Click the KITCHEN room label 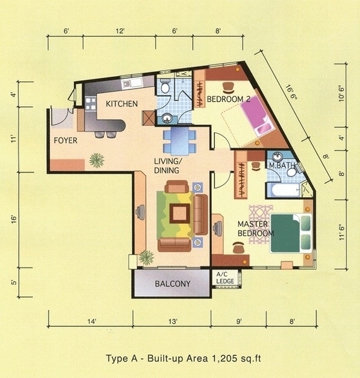pos(122,104)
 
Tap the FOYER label pos(66,140)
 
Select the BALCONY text pos(173,283)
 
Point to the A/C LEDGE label pos(225,278)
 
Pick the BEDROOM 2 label pos(228,99)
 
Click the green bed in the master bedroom pos(291,233)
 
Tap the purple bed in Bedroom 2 pos(257,115)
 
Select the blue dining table pos(180,141)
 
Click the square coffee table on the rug pos(180,214)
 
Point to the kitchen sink pos(132,84)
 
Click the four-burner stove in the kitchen pos(91,103)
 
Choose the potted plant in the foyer pos(96,160)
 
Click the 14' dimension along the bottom pos(91,321)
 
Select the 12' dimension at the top pos(120,31)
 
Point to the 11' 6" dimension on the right pos(341,232)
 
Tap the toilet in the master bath pos(292,172)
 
